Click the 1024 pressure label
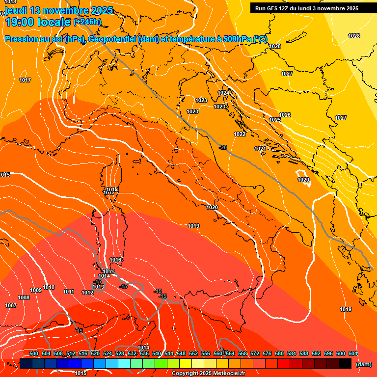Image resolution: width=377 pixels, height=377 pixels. pyautogui.click(x=223, y=93)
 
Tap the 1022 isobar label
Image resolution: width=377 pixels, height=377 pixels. pyautogui.click(x=240, y=134)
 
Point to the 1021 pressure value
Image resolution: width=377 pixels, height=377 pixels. pyautogui.click(x=260, y=149)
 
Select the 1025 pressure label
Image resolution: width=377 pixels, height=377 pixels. pyautogui.click(x=275, y=120)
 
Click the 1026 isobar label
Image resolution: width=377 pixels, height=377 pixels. pyautogui.click(x=285, y=115)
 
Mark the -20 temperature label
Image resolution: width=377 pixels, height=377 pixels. pyautogui.click(x=223, y=147)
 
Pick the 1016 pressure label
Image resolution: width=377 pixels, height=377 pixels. pyautogui.click(x=116, y=260)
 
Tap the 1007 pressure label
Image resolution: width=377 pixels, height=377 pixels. pyautogui.click(x=11, y=305)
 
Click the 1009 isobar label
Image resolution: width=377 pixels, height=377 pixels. pyautogui.click(x=36, y=290)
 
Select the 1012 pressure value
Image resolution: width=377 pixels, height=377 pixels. pyautogui.click(x=87, y=293)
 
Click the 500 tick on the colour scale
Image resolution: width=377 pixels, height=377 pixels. pyautogui.click(x=34, y=353)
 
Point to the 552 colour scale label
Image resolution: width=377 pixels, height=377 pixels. pyautogui.click(x=193, y=353)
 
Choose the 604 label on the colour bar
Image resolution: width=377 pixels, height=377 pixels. pyautogui.click(x=353, y=353)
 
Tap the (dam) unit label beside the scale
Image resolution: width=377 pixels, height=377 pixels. pyautogui.click(x=364, y=364)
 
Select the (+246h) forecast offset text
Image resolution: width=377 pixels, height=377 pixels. pyautogui.click(x=87, y=22)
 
